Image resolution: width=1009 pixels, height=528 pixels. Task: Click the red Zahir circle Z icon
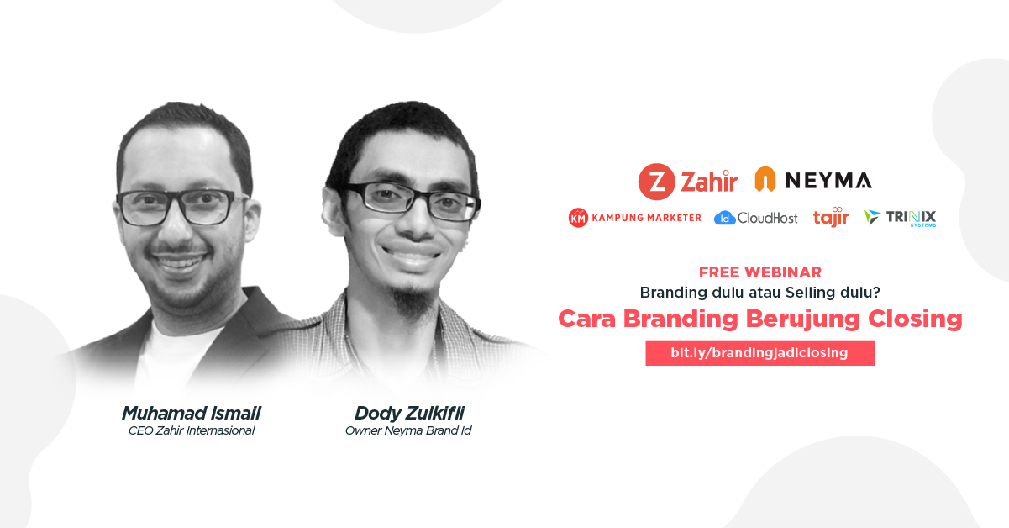click(x=656, y=182)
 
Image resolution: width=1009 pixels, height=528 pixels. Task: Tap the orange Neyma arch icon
click(x=765, y=179)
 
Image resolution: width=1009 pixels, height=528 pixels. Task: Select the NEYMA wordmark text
click(x=828, y=181)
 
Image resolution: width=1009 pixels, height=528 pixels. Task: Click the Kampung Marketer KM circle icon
click(x=578, y=218)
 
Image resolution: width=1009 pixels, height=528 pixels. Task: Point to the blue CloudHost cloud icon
click(x=725, y=219)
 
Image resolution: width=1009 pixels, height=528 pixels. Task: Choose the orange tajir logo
click(x=831, y=217)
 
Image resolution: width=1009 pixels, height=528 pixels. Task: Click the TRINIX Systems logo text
click(x=911, y=218)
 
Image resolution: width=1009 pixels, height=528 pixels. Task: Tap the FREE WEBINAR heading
click(x=760, y=272)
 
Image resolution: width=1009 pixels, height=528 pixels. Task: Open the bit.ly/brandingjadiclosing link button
click(x=760, y=352)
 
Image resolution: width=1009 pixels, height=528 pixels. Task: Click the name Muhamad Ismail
click(x=191, y=413)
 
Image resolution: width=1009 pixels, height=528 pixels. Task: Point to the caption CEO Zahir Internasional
click(x=192, y=430)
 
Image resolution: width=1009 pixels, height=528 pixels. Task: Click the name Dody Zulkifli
click(x=409, y=413)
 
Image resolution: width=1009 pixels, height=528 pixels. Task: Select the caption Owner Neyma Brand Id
click(x=408, y=430)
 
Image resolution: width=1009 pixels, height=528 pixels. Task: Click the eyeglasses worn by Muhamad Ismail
click(x=180, y=207)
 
